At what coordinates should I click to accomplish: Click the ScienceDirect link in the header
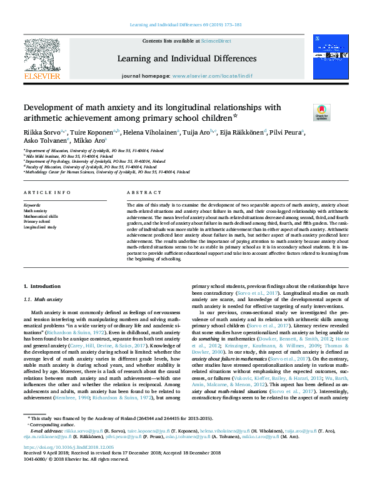tap(216, 41)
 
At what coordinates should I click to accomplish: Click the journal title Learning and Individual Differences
tap(186, 58)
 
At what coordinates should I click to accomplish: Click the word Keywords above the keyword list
tap(33, 205)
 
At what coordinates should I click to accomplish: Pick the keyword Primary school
tap(37, 222)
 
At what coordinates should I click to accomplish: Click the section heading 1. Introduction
tap(43, 287)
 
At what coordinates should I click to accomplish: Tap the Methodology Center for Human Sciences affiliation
tap(106, 172)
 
